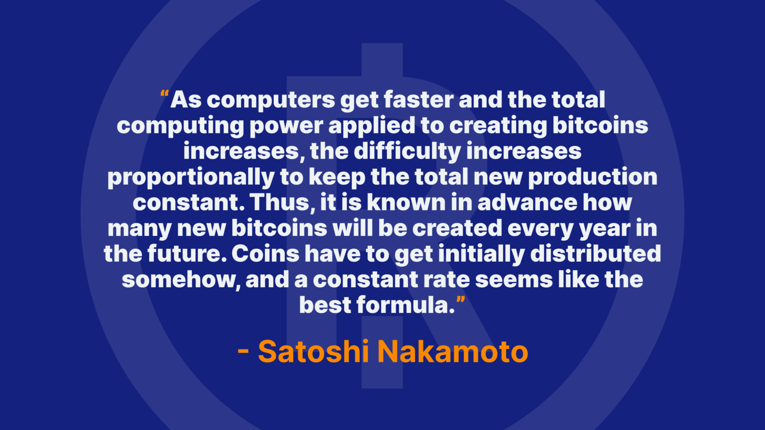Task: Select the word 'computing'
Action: coord(180,126)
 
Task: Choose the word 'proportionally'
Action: coord(191,178)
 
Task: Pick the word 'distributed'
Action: coord(596,254)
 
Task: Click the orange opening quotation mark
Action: coord(164,94)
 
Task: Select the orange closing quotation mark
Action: coord(461,300)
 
